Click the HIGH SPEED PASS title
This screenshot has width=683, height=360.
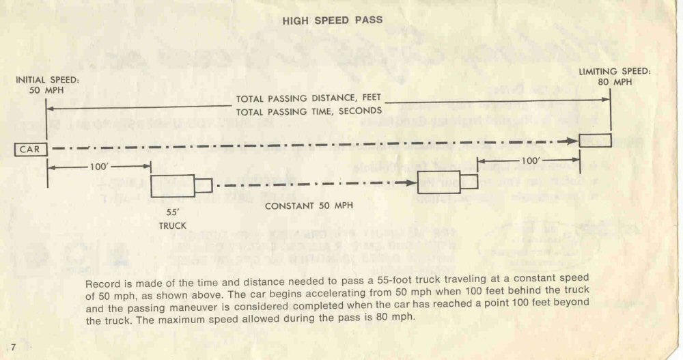pyautogui.click(x=332, y=20)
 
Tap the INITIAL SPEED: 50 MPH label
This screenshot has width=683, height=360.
pyautogui.click(x=47, y=85)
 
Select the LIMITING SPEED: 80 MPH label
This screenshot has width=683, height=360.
pyautogui.click(x=614, y=77)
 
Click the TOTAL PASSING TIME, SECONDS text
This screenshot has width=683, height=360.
pyautogui.click(x=309, y=111)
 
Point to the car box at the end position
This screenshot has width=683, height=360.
pyautogui.click(x=595, y=141)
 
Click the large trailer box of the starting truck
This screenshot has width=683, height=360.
pyautogui.click(x=169, y=185)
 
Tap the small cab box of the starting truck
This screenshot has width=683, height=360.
pyautogui.click(x=204, y=185)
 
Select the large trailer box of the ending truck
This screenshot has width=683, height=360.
pyautogui.click(x=438, y=183)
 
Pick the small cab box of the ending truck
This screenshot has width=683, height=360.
pyautogui.click(x=469, y=182)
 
